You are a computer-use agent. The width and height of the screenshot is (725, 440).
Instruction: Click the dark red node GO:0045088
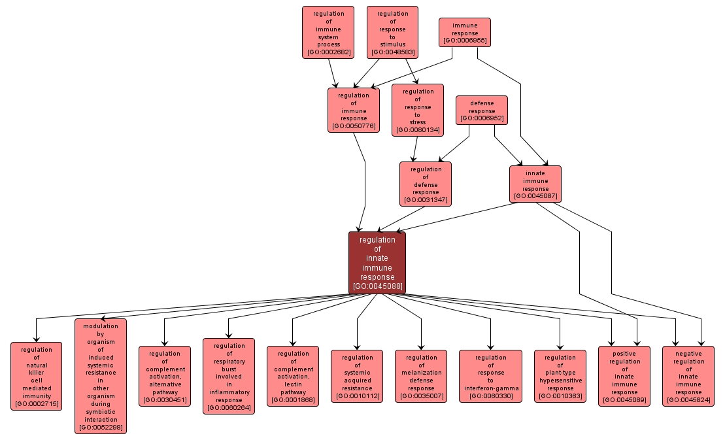coord(377,262)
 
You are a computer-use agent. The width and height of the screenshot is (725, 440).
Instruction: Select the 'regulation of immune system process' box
coord(328,33)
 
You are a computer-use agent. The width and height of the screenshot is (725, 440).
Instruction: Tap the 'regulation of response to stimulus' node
coord(392,33)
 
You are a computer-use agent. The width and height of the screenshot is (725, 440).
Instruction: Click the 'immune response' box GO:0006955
coord(465,33)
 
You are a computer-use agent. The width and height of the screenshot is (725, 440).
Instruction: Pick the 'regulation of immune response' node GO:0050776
coord(354,110)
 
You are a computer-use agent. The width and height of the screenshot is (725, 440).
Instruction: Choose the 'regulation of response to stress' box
coord(418,110)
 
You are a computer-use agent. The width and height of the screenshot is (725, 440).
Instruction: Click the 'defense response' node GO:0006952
coord(482,110)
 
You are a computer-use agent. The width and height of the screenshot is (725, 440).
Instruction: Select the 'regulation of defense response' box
coord(426,184)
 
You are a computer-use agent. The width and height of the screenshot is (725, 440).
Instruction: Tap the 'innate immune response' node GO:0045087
coord(535,184)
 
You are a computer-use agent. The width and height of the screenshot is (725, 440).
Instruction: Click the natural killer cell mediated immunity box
coord(37,377)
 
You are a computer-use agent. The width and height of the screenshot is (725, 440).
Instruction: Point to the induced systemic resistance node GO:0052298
coord(101,376)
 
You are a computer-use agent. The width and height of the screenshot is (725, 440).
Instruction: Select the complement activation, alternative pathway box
coord(165,376)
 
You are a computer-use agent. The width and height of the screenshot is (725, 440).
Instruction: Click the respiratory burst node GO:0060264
coord(229,376)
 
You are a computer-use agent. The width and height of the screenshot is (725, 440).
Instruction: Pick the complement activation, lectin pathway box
coord(293,376)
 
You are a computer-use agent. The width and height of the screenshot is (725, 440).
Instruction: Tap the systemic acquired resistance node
coord(357,376)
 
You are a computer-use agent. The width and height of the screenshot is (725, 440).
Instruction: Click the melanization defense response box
coord(421,376)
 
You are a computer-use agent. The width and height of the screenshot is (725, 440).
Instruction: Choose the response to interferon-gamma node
coord(490,376)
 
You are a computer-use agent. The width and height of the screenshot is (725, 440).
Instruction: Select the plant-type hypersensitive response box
coord(560,376)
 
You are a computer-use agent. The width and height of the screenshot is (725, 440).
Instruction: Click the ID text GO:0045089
coord(624,399)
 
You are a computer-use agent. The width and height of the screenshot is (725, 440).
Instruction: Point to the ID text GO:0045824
coord(688,399)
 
